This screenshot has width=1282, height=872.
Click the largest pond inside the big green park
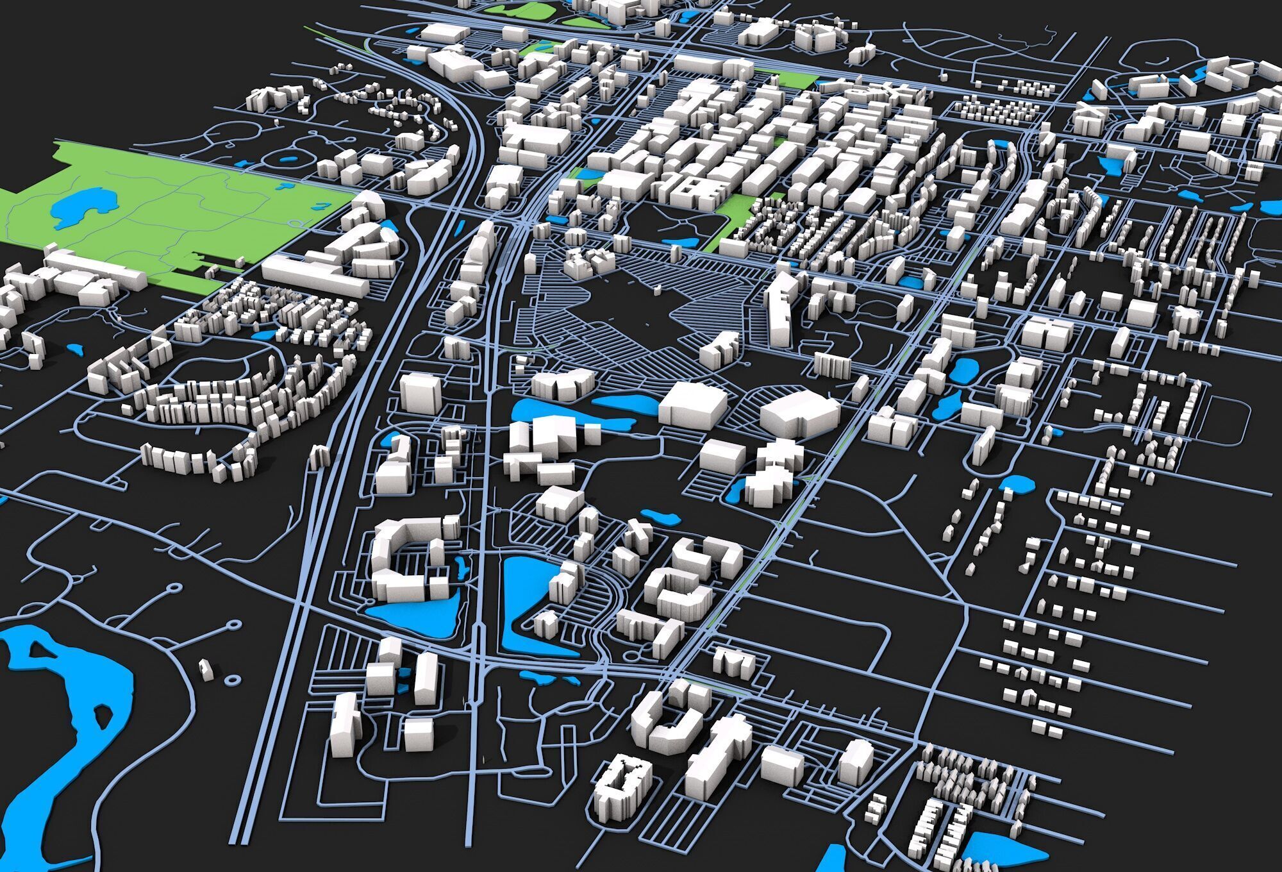click(77, 208)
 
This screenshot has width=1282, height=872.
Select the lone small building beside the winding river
click(204, 668)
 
